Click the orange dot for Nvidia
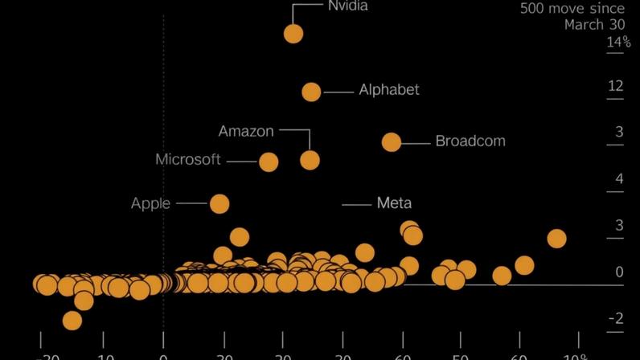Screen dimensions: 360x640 coord(293,34)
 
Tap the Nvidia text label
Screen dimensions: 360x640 coord(348,6)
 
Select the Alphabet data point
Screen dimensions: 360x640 coord(311,92)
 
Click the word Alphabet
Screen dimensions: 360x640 coord(389,90)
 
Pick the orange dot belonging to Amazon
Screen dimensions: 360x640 coord(310,160)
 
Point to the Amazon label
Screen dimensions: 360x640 coord(246,131)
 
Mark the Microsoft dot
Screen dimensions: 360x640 coord(269,162)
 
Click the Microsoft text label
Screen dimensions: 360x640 coord(188,160)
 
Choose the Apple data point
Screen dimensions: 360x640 coord(219,204)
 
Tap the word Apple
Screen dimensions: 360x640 coord(150,203)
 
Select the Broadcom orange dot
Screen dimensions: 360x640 coord(392,142)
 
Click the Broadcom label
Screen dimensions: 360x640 coord(470,141)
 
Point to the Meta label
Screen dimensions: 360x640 coord(394,203)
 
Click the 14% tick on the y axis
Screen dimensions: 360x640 coord(617,43)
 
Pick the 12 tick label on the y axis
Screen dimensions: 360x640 coord(615,86)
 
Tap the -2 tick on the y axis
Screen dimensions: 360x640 coord(615,319)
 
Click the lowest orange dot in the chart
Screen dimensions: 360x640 coord(72,321)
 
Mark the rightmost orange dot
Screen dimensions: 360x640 coord(556,239)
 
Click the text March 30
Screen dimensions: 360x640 coord(594,25)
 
